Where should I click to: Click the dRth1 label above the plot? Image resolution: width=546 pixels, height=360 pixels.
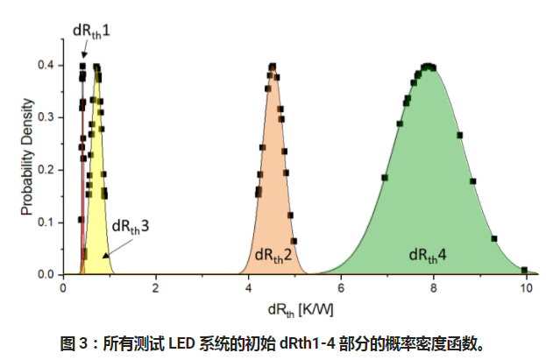[x=90, y=31]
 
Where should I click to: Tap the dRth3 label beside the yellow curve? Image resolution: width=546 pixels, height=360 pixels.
[x=130, y=225]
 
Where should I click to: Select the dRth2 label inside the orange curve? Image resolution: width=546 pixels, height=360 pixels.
[x=273, y=255]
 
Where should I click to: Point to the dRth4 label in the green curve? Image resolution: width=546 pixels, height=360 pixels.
[x=428, y=255]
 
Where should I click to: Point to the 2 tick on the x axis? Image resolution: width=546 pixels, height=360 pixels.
[x=155, y=286]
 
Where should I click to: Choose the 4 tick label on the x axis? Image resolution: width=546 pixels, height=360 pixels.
[x=248, y=286]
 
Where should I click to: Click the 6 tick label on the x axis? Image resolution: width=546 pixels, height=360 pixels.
[x=341, y=286]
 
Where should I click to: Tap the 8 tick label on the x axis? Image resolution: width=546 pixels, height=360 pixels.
[x=434, y=286]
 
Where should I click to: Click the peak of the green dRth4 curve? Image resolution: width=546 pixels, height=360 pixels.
[x=429, y=66]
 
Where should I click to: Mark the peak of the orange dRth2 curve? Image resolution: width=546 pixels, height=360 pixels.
[x=273, y=66]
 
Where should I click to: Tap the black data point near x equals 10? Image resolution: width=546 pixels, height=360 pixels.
[x=524, y=270]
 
